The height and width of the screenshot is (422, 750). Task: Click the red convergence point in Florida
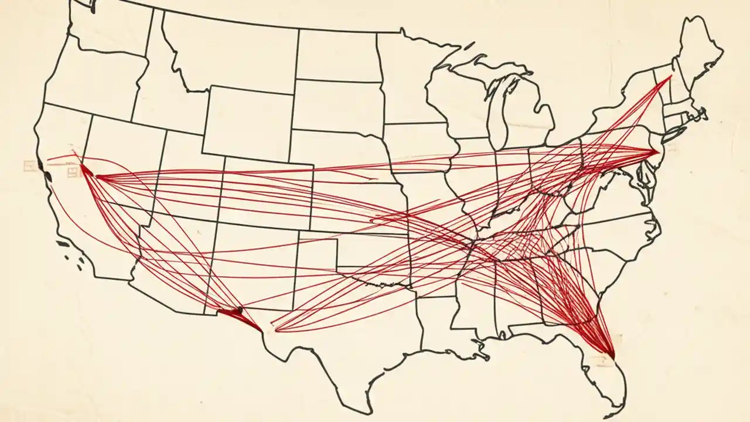pyautogui.click(x=611, y=355)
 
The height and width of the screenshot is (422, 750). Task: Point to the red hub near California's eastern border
pyautogui.click(x=84, y=168)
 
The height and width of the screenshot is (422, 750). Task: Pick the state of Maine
pyautogui.click(x=700, y=50)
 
